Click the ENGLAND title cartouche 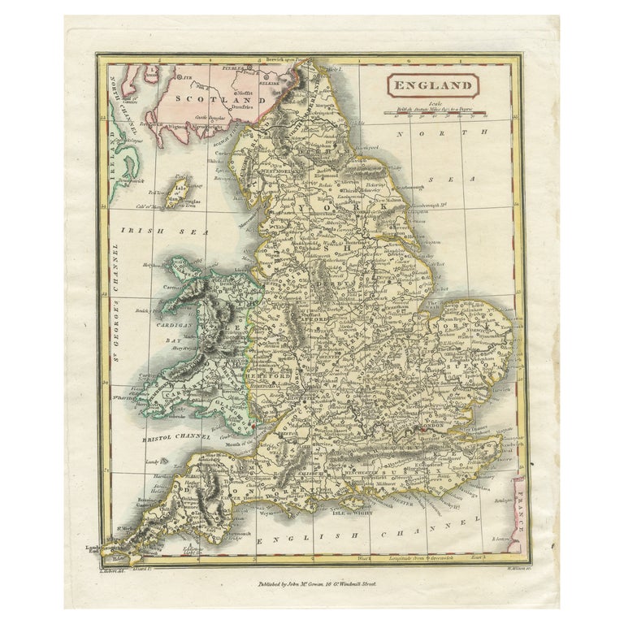point(432,84)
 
